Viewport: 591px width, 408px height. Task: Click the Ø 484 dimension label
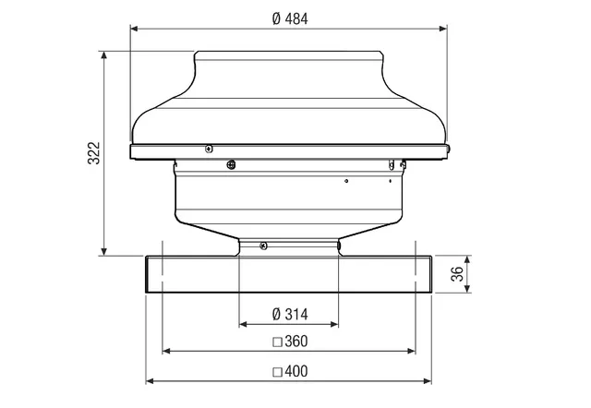290,18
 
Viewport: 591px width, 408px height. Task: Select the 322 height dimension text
94,153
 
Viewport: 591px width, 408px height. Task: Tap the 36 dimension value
457,274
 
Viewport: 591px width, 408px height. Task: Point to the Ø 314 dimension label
290,314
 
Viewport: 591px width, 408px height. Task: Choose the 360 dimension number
296,342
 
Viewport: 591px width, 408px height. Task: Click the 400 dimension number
296,371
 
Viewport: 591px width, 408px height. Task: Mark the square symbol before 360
277,342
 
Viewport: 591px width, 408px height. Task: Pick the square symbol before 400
277,372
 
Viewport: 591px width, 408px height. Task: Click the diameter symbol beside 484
276,18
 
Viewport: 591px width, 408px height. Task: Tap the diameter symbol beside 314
276,314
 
